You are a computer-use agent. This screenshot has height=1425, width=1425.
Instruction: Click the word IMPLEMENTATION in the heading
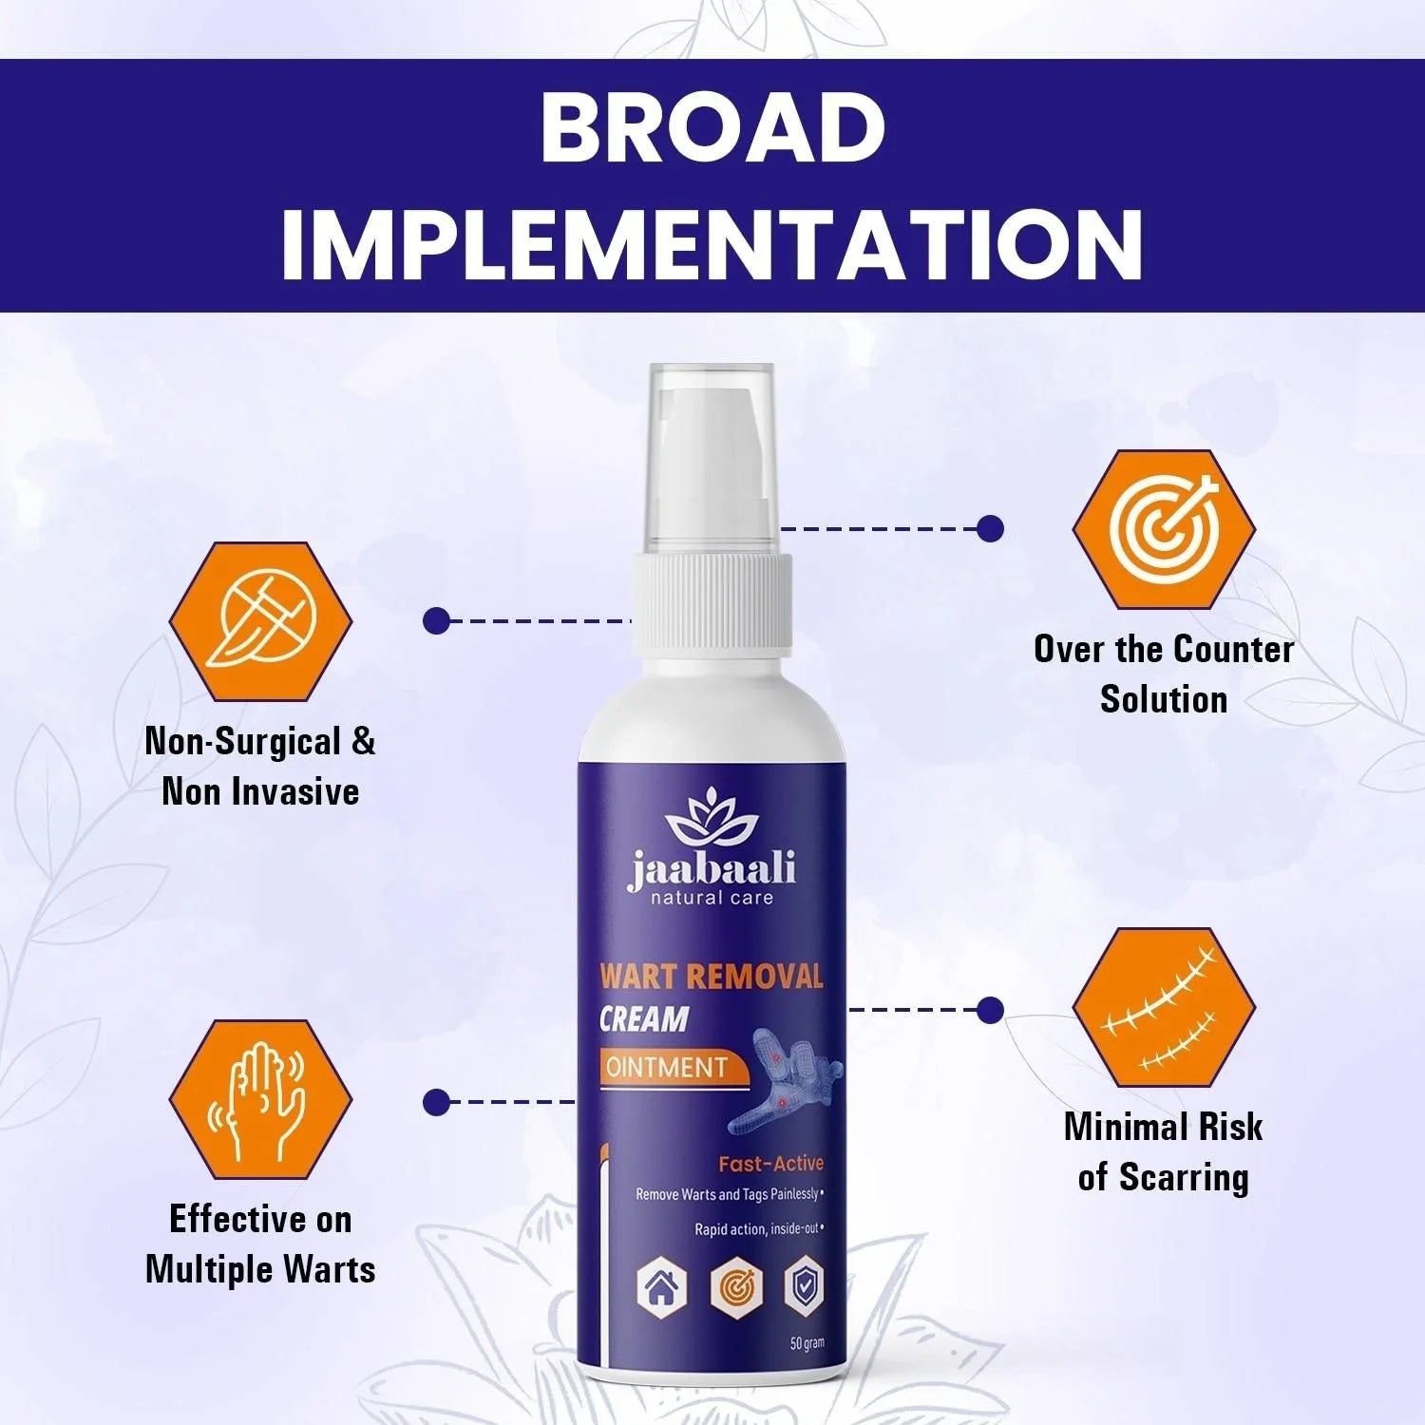[712, 244]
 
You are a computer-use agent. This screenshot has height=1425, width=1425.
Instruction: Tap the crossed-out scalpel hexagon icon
[260, 621]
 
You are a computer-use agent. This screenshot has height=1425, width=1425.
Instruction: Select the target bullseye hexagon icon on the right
[1164, 529]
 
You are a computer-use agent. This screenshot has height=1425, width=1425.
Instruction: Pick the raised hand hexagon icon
[260, 1100]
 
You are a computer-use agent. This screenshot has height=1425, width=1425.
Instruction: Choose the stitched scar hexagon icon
[1164, 1008]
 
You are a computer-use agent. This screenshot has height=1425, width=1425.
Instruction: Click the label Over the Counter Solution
[1164, 674]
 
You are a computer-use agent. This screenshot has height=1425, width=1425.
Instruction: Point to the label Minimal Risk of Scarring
[1164, 1151]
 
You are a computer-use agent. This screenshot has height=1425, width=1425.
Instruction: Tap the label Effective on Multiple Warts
[260, 1244]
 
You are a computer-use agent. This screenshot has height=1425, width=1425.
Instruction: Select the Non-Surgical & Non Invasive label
[260, 766]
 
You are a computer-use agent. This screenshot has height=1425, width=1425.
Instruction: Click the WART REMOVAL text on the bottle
[711, 977]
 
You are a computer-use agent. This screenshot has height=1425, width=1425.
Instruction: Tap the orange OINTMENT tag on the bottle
[667, 1067]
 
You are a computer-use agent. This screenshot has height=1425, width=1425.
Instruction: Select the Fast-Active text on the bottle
[770, 1164]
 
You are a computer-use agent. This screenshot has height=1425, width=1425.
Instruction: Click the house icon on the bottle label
[661, 1289]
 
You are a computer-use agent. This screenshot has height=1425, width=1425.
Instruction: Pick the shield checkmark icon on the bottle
[803, 1287]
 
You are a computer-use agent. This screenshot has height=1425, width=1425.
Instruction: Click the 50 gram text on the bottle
[807, 1343]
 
